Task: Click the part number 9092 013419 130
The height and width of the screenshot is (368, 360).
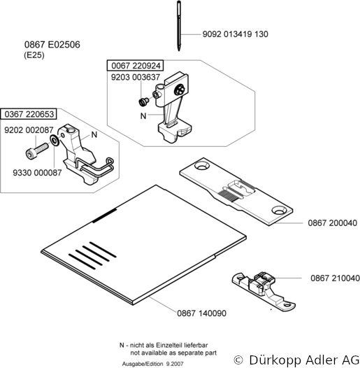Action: point(236,34)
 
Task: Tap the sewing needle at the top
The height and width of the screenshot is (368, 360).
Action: point(179,26)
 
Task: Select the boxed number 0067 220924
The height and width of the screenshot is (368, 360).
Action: point(136,66)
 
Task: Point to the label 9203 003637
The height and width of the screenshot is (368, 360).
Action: point(136,77)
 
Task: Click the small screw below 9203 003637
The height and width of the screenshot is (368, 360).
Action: point(143,101)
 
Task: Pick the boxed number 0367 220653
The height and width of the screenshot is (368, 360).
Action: point(29,114)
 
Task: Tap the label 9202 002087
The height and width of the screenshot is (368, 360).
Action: point(29,130)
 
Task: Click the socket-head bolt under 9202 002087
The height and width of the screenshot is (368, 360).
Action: point(36,151)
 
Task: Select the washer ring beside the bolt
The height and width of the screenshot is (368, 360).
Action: point(55,141)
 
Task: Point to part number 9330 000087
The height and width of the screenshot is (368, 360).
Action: point(37,173)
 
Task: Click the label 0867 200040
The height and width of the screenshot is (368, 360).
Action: point(332,222)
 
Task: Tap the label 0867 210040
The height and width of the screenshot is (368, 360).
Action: point(335,278)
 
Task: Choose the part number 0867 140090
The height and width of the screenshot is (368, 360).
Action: point(202,313)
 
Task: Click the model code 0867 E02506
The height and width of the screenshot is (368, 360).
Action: point(52,45)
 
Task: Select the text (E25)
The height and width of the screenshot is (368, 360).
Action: point(34,55)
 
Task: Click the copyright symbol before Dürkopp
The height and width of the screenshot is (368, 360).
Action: point(238,360)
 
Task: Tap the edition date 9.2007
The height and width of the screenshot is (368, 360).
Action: point(175,364)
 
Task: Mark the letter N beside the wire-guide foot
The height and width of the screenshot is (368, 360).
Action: point(94,134)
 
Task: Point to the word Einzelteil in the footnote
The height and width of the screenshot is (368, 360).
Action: point(168,345)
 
